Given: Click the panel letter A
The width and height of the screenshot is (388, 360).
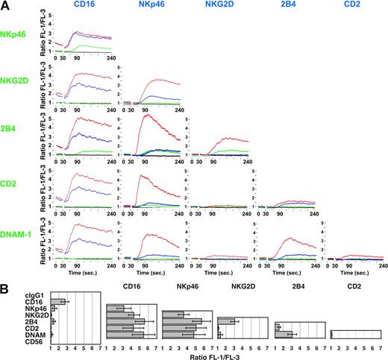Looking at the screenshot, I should tap(6, 7).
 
